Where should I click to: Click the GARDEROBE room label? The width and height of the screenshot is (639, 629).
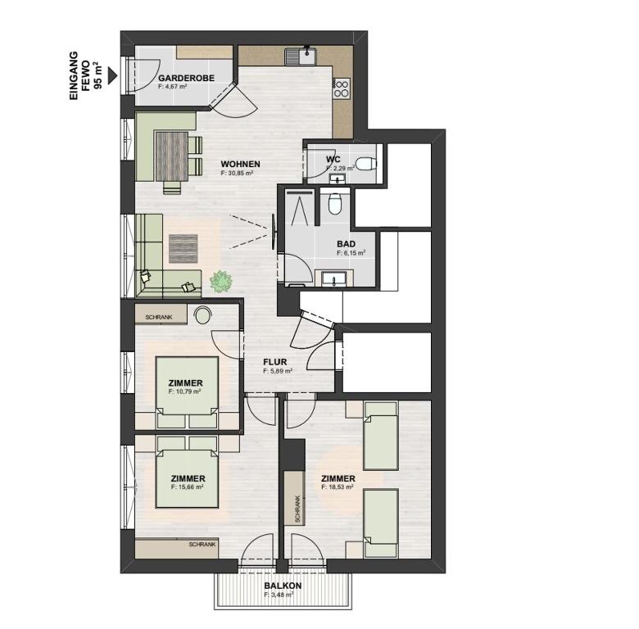click(x=186, y=78)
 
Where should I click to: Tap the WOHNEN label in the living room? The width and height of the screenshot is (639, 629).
click(x=240, y=164)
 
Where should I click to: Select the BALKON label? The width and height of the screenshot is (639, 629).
click(x=283, y=586)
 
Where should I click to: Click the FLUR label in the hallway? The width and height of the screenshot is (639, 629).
click(x=275, y=362)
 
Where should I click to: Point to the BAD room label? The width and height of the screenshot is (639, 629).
click(x=346, y=244)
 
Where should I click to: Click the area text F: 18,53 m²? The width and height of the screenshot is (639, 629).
click(x=338, y=486)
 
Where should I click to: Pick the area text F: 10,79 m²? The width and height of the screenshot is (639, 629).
click(x=184, y=391)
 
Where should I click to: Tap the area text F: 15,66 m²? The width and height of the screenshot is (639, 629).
click(x=188, y=486)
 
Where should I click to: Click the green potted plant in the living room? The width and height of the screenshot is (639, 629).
click(x=220, y=281)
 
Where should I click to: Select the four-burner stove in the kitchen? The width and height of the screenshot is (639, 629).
click(x=341, y=88)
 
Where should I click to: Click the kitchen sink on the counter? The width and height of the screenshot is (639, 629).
click(x=301, y=56)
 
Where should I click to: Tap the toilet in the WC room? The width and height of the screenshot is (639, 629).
click(x=365, y=164)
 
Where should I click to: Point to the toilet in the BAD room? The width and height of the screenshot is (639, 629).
click(x=334, y=203)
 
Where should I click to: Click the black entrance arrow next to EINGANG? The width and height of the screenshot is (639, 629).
click(x=112, y=76)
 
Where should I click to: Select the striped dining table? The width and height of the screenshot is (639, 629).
click(x=171, y=156)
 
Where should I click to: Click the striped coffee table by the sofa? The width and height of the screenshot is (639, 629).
click(x=184, y=248)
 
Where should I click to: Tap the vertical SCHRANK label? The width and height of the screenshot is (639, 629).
click(x=297, y=509)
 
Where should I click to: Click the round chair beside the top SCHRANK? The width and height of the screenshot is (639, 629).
click(x=202, y=314)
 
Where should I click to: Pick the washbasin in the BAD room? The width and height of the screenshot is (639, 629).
click(x=333, y=279)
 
